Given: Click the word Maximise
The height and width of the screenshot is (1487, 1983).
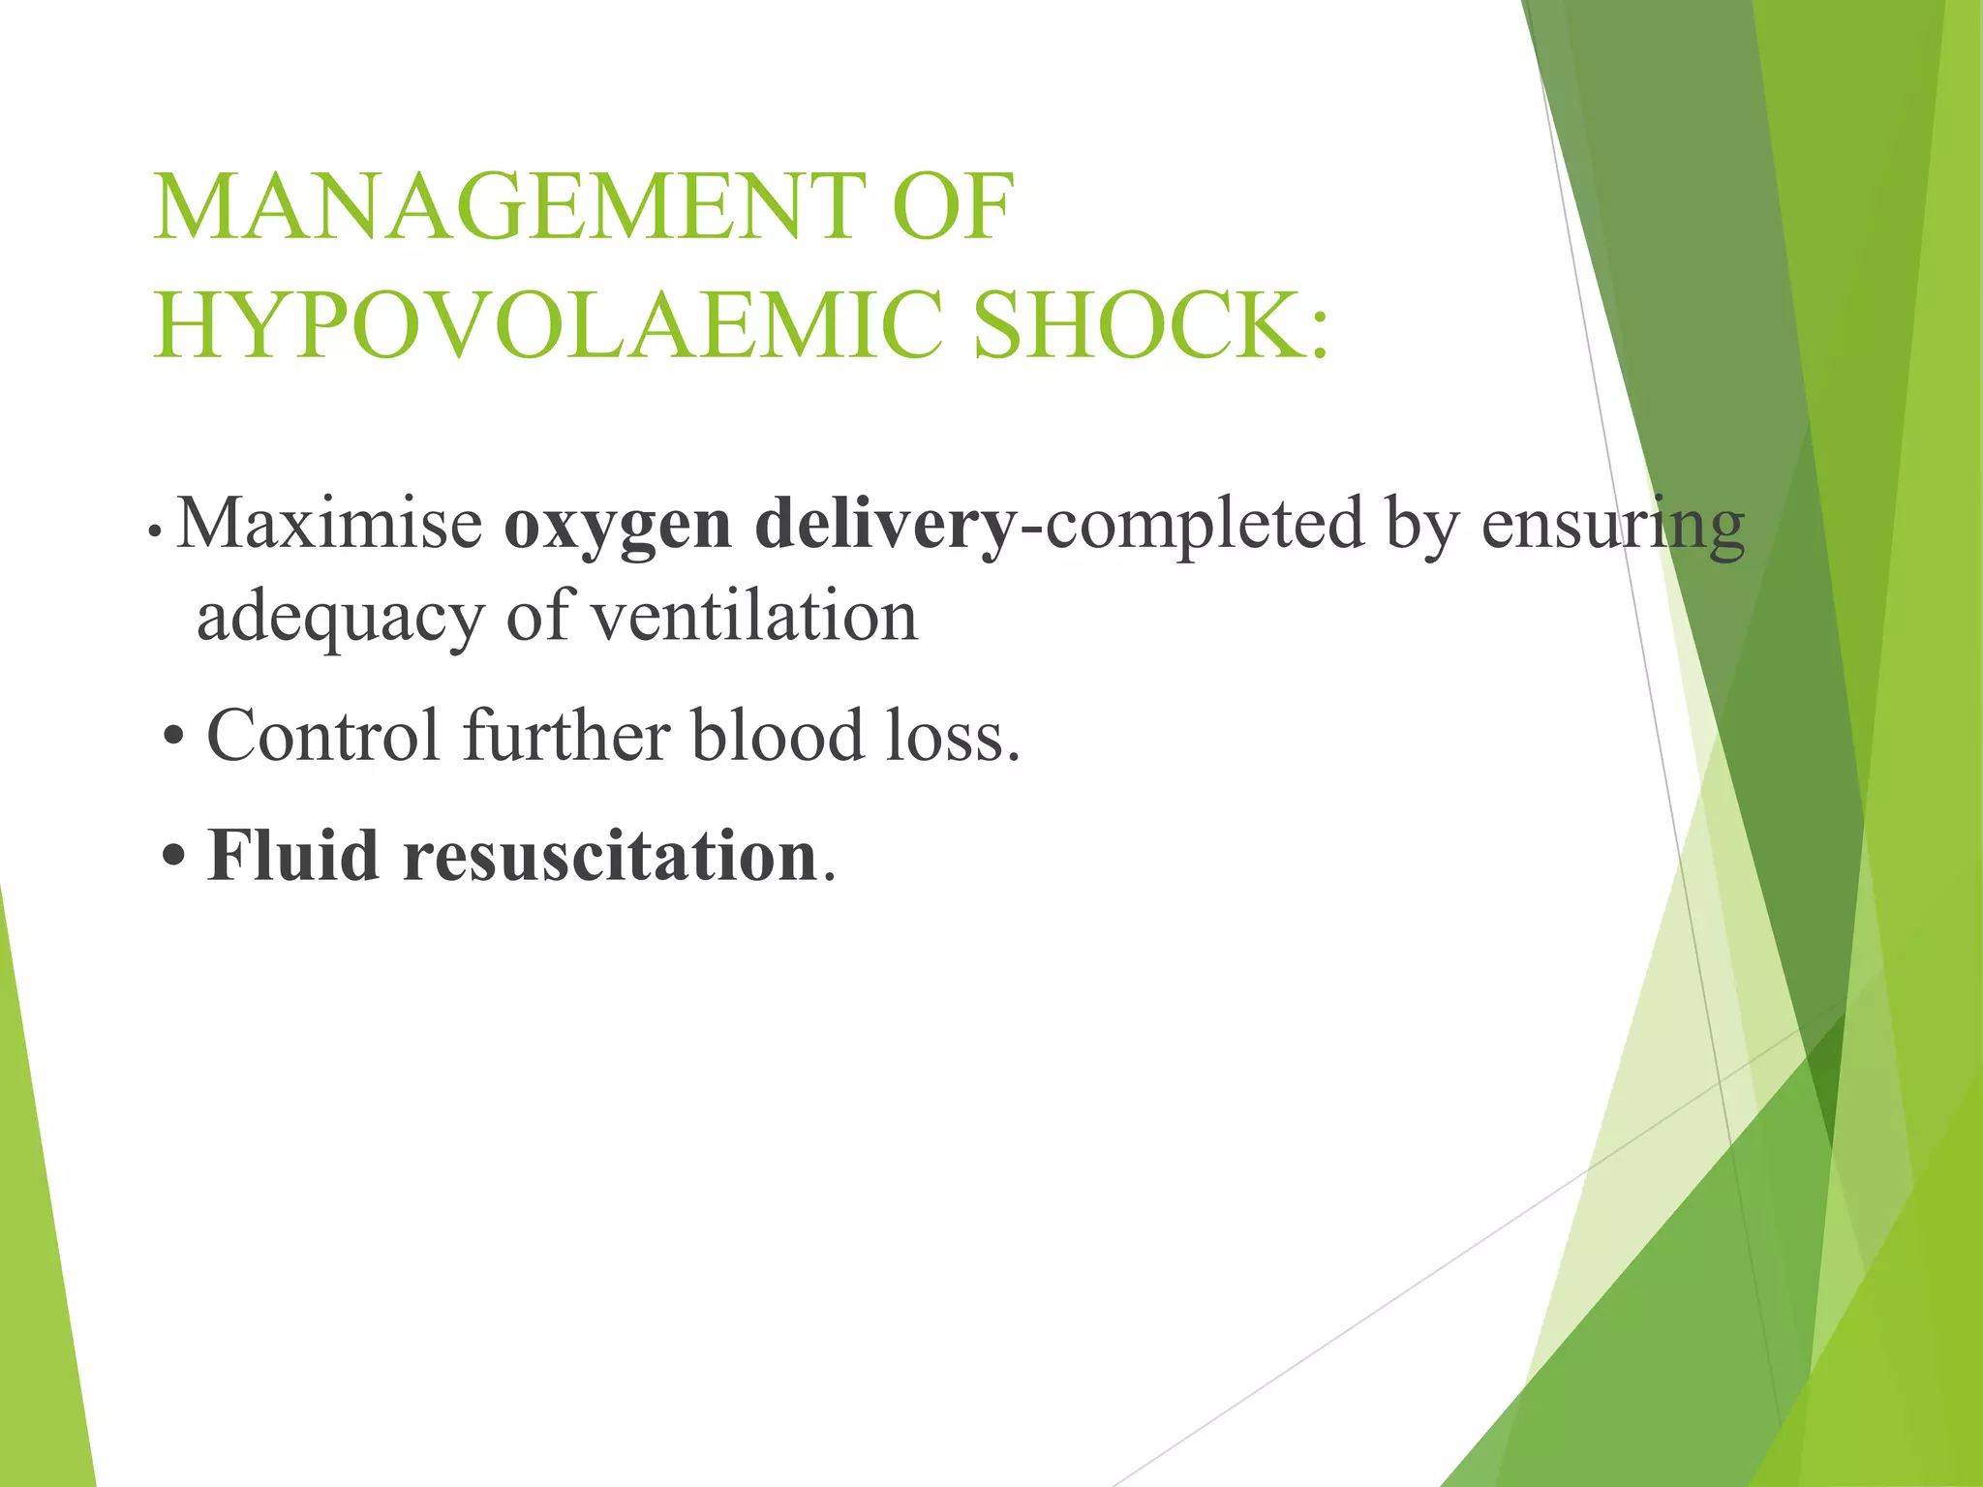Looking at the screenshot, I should click(330, 523).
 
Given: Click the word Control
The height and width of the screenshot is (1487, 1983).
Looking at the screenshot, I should click(323, 735).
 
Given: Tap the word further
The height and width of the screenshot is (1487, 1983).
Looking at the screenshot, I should click(566, 735).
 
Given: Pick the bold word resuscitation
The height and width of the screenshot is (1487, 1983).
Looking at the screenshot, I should click(611, 856).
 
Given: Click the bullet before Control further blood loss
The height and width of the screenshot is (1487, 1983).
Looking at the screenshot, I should click(173, 737).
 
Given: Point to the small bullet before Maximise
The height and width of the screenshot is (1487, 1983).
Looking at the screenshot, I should click(154, 531).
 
